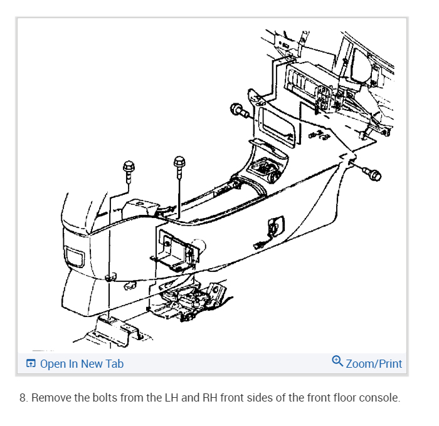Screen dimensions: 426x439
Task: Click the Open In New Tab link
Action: [x=82, y=364]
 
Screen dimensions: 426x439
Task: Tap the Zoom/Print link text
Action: [x=374, y=364]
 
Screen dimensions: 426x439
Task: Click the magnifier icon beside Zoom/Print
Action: [x=337, y=361]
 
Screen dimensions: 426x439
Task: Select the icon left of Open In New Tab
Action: [x=31, y=364]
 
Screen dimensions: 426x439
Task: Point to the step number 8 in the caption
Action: [x=23, y=398]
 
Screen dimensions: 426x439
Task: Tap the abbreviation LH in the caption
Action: [x=154, y=398]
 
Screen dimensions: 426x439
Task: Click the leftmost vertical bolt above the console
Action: [x=129, y=168]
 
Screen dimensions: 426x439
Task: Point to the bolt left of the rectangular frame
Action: [x=239, y=111]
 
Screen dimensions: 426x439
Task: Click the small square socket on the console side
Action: [x=275, y=223]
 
